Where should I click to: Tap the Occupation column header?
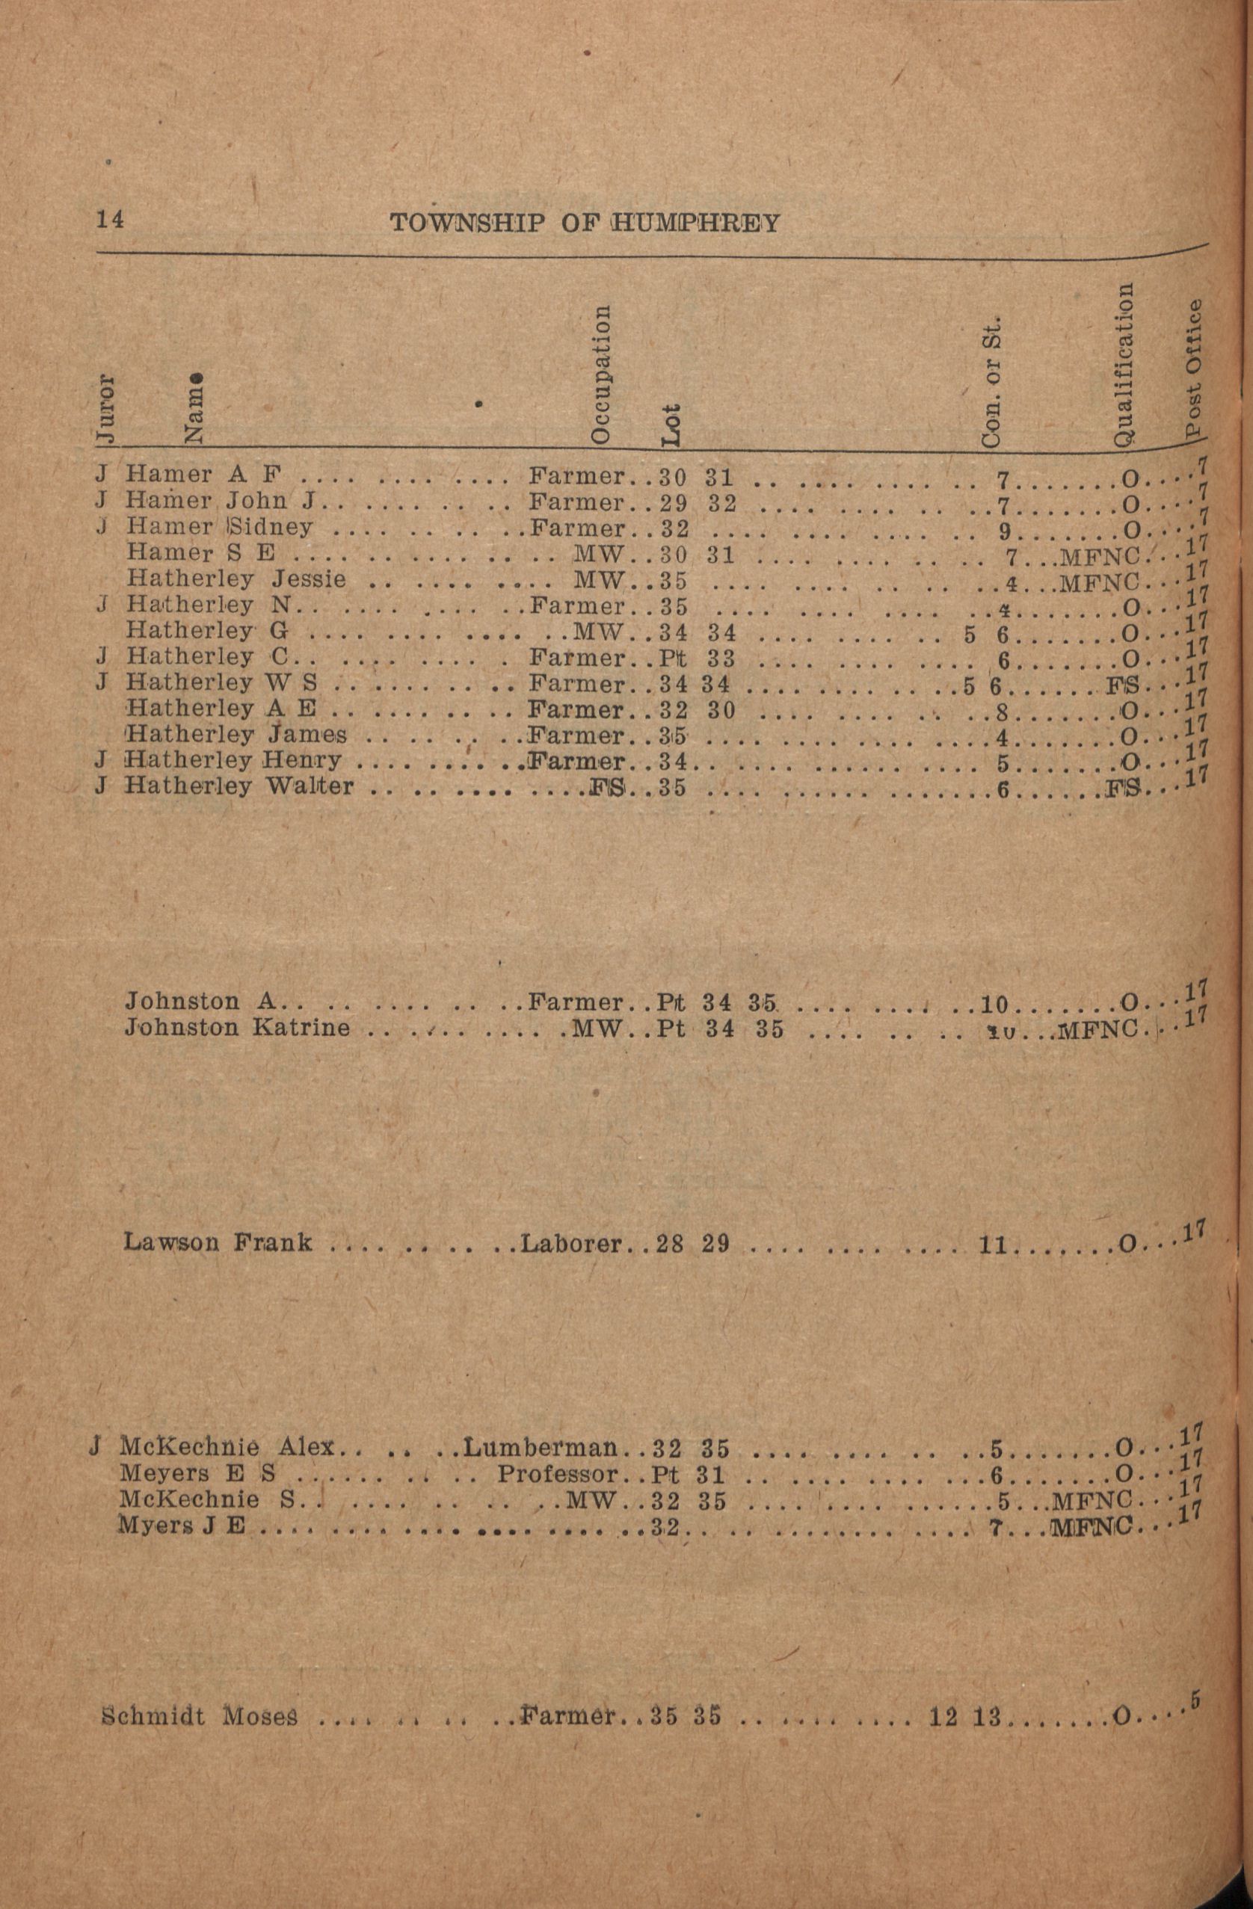pos(601,373)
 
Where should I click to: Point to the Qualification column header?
pos(1124,363)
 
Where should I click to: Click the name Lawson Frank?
pos(218,1242)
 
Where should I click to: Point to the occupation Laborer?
pos(571,1243)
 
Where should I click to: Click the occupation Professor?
pos(558,1474)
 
